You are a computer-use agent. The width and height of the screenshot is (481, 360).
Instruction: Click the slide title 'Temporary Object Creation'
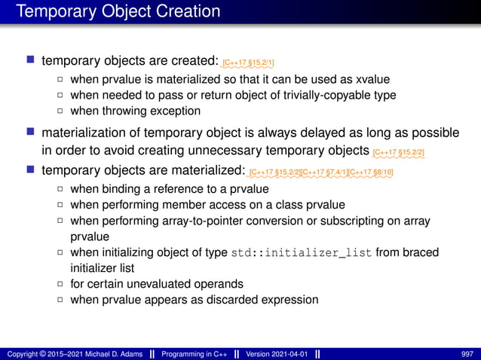(118, 12)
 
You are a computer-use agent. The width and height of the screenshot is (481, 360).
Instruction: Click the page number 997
(465, 353)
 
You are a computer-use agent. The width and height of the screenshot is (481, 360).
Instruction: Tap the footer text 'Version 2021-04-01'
(277, 353)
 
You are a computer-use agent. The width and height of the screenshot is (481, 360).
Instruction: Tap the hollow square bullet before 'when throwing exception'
(60, 111)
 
